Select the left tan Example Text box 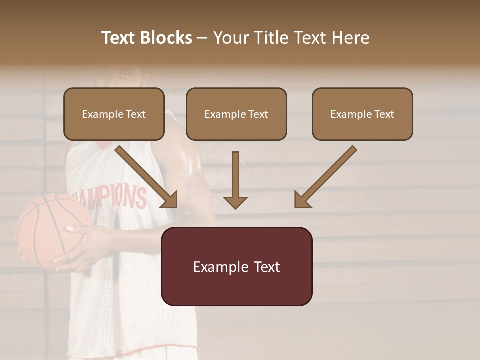click(114, 114)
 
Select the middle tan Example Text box click(236, 114)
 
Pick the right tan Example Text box click(362, 114)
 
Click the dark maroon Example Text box click(236, 267)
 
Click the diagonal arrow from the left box click(147, 177)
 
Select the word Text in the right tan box click(384, 114)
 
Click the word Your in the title click(230, 38)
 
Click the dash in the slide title click(202, 38)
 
